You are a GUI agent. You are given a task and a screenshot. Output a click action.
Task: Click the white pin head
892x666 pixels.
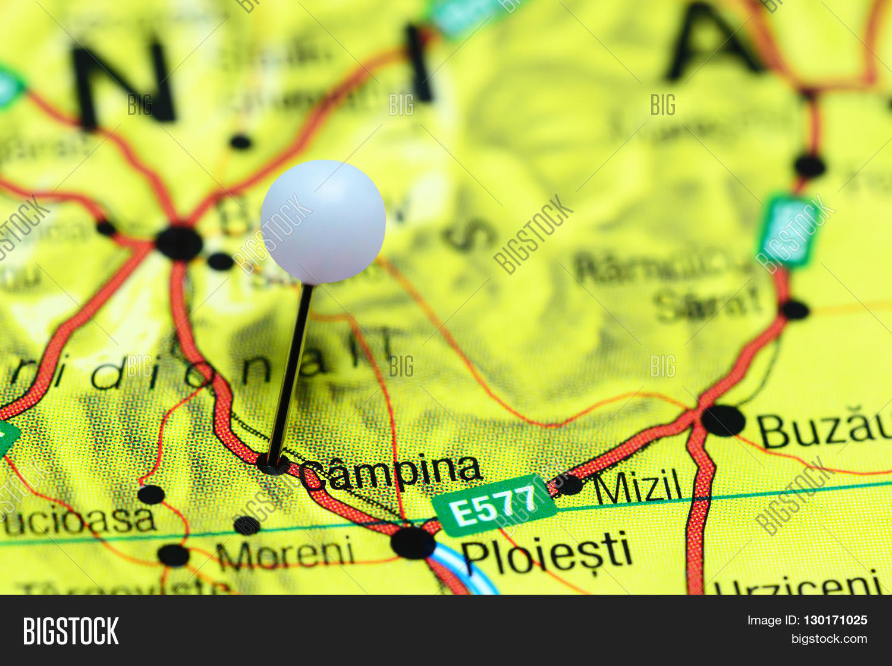tap(323, 221)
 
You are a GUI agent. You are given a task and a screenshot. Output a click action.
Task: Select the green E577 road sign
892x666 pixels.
tap(494, 506)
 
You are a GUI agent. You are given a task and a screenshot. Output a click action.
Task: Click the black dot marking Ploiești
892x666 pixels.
tap(413, 543)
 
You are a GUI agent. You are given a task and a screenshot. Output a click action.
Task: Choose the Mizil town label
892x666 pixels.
tap(637, 487)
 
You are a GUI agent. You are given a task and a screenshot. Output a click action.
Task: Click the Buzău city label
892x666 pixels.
tap(824, 429)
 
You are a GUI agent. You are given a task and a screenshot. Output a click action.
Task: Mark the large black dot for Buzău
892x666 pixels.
tap(723, 421)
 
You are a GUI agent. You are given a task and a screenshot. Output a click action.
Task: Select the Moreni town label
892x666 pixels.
tap(285, 554)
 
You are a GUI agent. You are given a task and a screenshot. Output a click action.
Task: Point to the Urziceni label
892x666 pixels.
tap(797, 586)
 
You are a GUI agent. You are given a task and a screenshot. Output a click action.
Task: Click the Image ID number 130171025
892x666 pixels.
tap(835, 620)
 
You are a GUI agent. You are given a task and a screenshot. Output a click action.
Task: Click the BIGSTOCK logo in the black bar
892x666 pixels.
tap(71, 630)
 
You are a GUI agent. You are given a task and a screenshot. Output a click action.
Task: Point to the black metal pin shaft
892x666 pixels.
tap(291, 368)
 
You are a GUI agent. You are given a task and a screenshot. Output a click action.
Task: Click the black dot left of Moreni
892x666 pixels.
tap(246, 525)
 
